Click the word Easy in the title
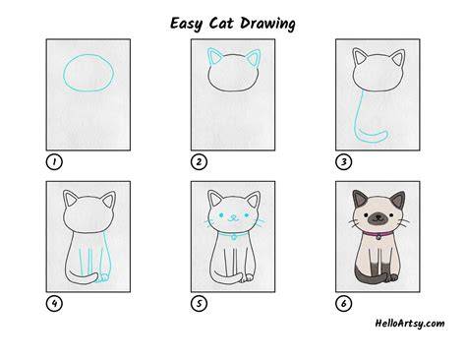point(186,24)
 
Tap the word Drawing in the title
point(267,24)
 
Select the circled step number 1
point(54,161)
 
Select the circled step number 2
point(199,161)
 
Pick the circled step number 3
point(343,161)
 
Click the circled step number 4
point(54,304)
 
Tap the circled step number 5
point(199,304)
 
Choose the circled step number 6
point(343,304)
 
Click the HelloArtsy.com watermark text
point(410,324)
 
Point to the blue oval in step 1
point(64,73)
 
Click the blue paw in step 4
point(104,277)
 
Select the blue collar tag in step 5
point(233,237)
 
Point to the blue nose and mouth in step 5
point(232,218)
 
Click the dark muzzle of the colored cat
point(378,218)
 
